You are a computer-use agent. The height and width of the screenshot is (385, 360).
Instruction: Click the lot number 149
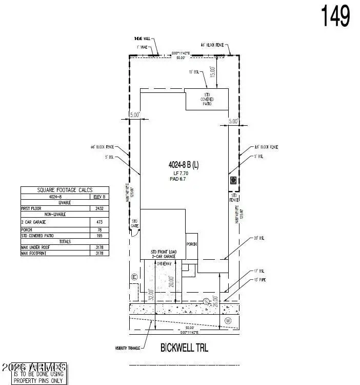coord(336,16)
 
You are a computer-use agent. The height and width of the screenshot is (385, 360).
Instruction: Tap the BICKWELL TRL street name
coord(184,348)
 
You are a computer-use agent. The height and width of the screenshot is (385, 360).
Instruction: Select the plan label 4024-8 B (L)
coord(184,165)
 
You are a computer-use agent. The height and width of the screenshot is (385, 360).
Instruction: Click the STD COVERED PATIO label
coord(208,100)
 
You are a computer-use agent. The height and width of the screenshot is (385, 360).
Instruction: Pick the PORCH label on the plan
coord(192,244)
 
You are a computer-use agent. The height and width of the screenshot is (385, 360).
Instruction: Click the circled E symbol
coord(134,277)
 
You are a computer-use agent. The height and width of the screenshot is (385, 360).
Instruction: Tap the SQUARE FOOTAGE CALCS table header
coord(65,190)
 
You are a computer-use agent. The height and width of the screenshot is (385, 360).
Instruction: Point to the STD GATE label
coord(135,223)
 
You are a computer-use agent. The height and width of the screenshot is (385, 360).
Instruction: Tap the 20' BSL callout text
coord(259,238)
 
